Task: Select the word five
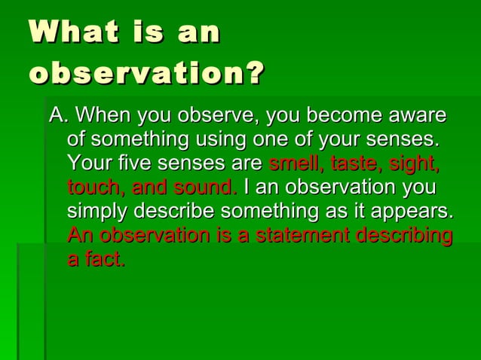[x=124, y=163]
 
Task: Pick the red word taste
[x=355, y=163]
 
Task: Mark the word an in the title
[x=198, y=34]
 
